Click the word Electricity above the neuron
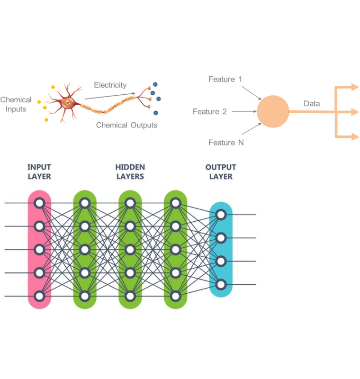tap(110, 85)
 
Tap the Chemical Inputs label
tap(16, 104)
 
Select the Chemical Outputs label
tap(126, 125)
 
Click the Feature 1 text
tap(225, 79)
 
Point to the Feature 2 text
tap(209, 112)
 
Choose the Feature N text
tap(226, 143)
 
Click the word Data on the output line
tap(312, 103)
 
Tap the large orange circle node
tap(273, 112)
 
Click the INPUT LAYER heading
tap(39, 171)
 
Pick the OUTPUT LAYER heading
tap(220, 171)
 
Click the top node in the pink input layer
tap(39, 203)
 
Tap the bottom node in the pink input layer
tap(39, 296)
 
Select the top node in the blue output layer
tap(220, 215)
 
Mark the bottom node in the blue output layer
tap(220, 284)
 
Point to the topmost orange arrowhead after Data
tap(355, 87)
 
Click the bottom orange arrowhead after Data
tap(355, 137)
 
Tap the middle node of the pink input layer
tap(39, 249)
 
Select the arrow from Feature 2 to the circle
tap(244, 112)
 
